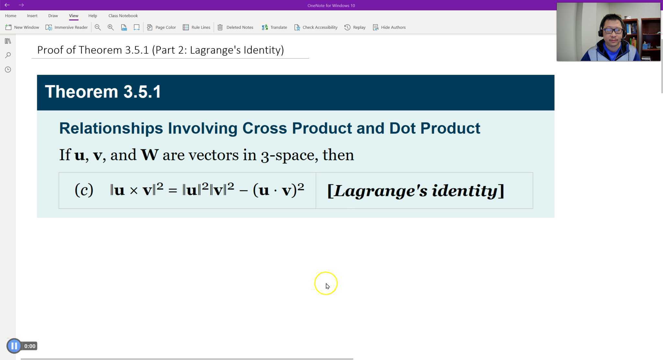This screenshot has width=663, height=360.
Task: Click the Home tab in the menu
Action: click(x=10, y=16)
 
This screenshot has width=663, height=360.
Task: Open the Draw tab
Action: click(x=53, y=16)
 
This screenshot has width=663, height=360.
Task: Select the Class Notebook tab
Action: click(x=123, y=16)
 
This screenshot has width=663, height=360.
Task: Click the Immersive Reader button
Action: click(x=67, y=27)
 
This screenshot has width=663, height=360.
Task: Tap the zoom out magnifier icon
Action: click(x=97, y=27)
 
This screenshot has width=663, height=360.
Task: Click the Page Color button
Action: click(x=161, y=27)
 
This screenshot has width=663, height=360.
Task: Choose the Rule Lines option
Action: click(x=197, y=27)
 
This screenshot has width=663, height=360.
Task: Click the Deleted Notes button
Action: click(x=235, y=27)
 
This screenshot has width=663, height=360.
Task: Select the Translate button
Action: click(x=274, y=27)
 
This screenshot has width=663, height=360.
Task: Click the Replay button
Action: click(x=355, y=27)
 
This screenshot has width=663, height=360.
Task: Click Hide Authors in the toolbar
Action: click(x=389, y=27)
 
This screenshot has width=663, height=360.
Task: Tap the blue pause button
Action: click(x=14, y=346)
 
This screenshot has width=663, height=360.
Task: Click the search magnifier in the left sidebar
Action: click(x=8, y=55)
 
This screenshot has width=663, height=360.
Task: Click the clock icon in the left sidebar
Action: click(x=8, y=69)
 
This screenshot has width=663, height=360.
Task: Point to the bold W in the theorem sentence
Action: click(x=149, y=155)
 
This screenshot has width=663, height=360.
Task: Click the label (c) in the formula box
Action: click(x=84, y=190)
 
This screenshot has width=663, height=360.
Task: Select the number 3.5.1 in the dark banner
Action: click(x=142, y=92)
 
